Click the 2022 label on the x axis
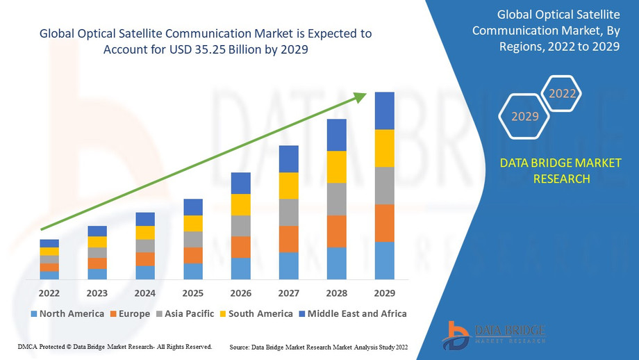pos(49,293)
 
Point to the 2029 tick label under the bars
pos(384,293)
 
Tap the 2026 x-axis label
pos(240,293)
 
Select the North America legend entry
pos(67,313)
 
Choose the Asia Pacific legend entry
pos(185,313)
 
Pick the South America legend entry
pos(256,313)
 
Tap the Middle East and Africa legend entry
pos(352,313)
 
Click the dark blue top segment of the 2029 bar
pos(384,111)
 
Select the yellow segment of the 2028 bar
pos(336,167)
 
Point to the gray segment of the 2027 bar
pos(288,212)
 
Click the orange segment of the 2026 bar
pos(240,247)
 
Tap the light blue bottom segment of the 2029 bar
pos(384,261)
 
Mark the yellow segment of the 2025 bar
pos(193,223)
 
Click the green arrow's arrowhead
pos(359,97)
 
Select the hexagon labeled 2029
pos(525,116)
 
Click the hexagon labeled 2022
pos(562,93)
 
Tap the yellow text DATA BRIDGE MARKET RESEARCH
pos(561,171)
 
